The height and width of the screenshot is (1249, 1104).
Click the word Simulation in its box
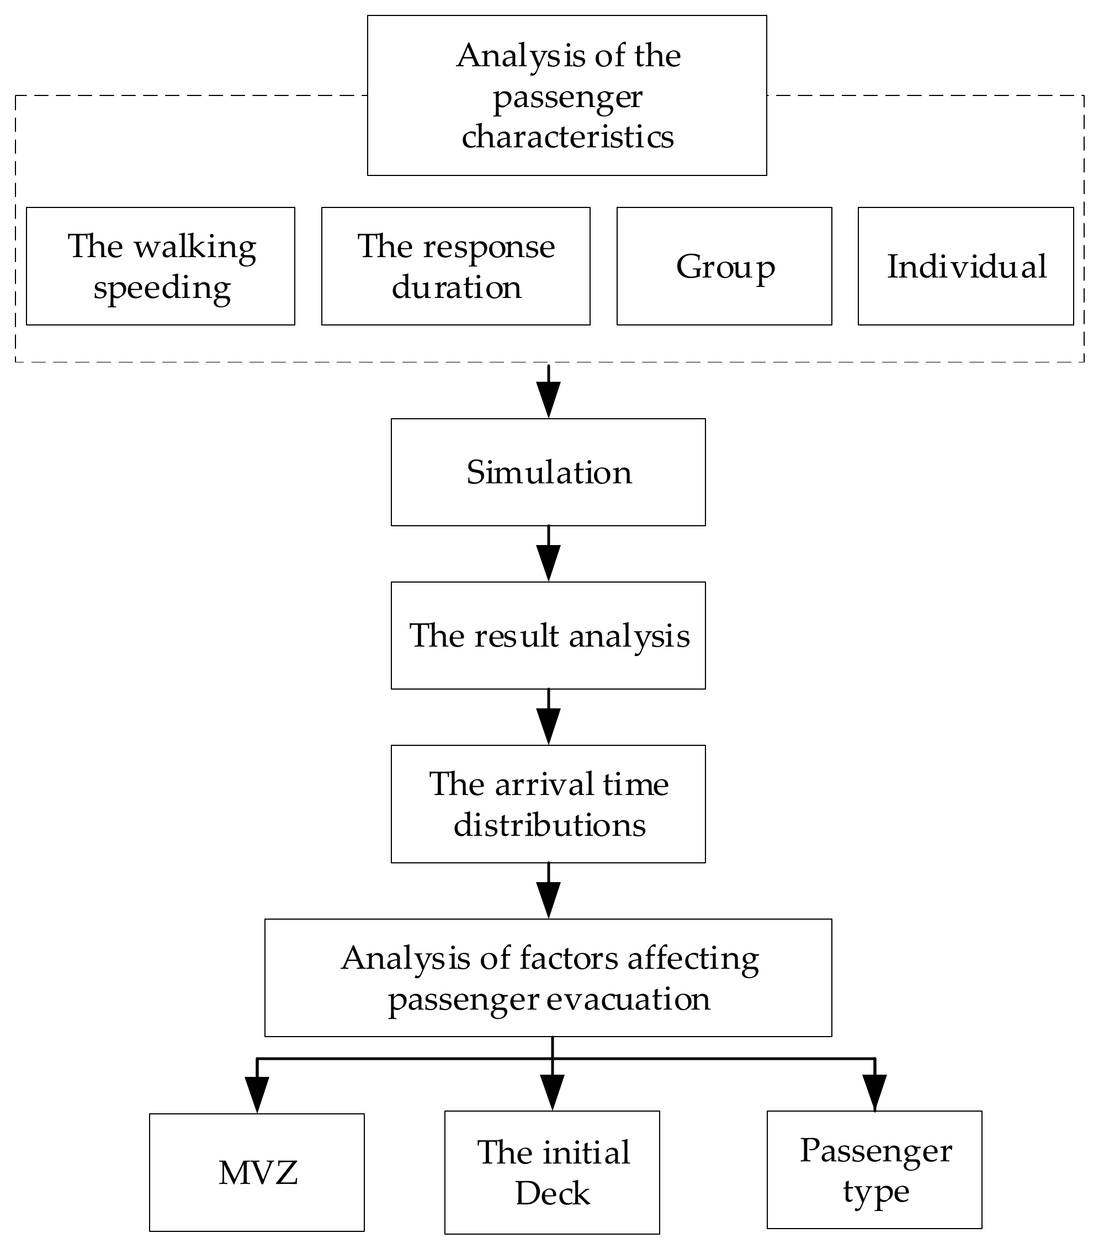pos(548,473)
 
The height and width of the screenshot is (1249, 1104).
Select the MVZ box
pos(257,1173)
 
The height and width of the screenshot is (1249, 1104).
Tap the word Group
pos(725,267)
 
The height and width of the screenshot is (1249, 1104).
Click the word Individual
pos(967,267)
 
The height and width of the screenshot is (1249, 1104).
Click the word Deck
pos(552,1193)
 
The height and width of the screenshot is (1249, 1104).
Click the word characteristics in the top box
pos(567,136)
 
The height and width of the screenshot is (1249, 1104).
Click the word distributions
pos(549,825)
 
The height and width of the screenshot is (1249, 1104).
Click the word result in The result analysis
pos(516,636)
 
